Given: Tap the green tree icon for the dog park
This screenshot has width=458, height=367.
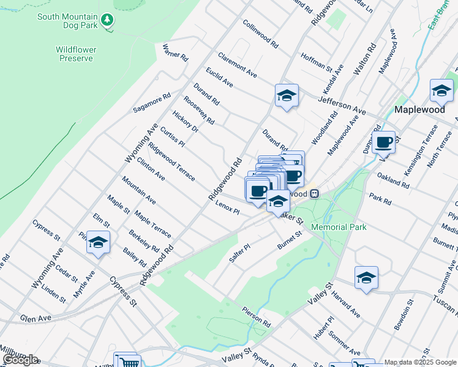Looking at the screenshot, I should click(x=108, y=20).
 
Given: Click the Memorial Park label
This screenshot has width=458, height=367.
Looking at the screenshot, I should click(x=339, y=227).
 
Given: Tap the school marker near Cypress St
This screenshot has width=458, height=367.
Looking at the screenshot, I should click(x=97, y=243).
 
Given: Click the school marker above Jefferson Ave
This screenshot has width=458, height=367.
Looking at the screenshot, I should click(x=286, y=95).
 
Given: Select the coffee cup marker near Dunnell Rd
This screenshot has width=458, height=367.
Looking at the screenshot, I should click(x=383, y=143).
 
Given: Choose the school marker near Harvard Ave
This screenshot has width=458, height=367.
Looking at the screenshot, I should click(x=366, y=278).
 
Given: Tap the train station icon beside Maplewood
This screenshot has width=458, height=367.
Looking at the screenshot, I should click(x=313, y=193).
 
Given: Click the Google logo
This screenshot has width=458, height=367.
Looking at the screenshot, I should click(x=20, y=360).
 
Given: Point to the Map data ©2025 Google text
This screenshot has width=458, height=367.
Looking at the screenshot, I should click(x=420, y=362).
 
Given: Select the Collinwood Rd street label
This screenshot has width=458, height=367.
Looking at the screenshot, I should click(x=261, y=34).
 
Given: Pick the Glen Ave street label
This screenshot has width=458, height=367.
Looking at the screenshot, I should click(x=34, y=318).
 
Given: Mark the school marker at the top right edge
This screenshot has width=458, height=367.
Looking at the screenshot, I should click(x=441, y=91).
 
